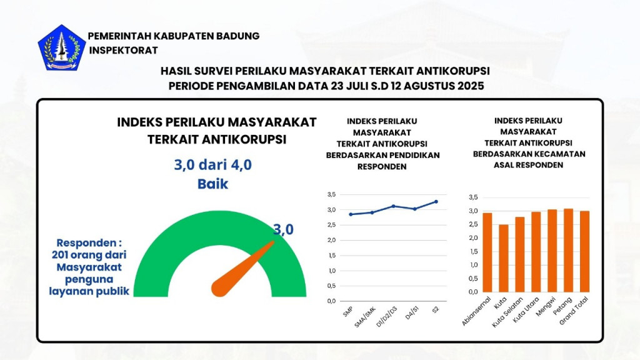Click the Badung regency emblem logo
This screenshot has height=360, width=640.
[61, 47]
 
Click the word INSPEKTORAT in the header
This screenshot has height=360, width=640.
[123, 50]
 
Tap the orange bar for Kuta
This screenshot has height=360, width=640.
[503, 257]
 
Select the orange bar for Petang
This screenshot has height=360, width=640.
[568, 250]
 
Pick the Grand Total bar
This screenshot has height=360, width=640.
[584, 251]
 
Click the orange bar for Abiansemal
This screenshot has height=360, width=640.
[487, 252]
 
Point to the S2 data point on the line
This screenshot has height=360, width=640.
[436, 201]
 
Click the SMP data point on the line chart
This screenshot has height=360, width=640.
[351, 214]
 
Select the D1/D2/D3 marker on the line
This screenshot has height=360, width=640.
[393, 206]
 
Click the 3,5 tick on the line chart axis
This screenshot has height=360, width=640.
[331, 195]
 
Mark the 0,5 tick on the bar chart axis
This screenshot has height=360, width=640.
[472, 278]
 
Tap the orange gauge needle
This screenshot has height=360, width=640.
[244, 266]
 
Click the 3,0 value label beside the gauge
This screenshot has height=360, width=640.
[283, 230]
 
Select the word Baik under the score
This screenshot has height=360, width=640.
[212, 184]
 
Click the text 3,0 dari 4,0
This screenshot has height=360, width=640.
[212, 165]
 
